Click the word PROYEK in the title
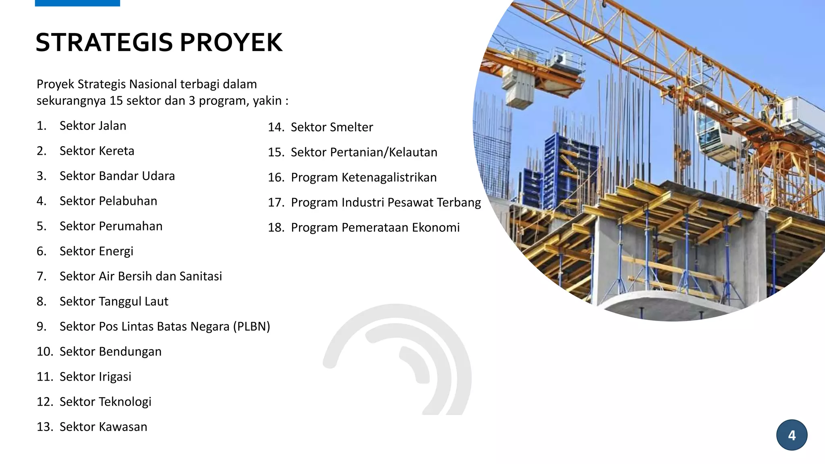tap(231, 42)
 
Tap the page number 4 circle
tap(792, 435)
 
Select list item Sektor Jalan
tap(93, 126)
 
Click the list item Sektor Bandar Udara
tap(117, 176)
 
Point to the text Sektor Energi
tap(96, 251)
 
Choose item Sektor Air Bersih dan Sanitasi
tap(141, 276)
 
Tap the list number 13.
tap(45, 427)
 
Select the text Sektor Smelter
tap(332, 127)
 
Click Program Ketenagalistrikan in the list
tap(363, 178)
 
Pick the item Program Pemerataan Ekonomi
tap(375, 228)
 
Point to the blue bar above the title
tap(77, 3)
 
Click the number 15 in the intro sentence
tap(116, 101)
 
